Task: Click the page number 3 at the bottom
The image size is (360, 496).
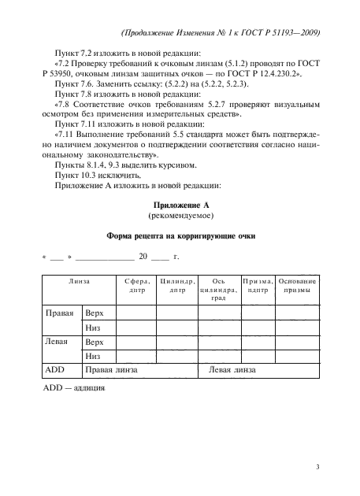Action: tap(316, 466)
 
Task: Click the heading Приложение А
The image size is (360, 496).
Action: tap(180, 205)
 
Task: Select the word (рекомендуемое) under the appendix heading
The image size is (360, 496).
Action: tap(180, 215)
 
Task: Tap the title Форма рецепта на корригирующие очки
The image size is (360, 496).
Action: tap(180, 236)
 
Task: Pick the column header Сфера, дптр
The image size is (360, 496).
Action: tap(137, 284)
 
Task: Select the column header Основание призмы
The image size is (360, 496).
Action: tap(298, 284)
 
